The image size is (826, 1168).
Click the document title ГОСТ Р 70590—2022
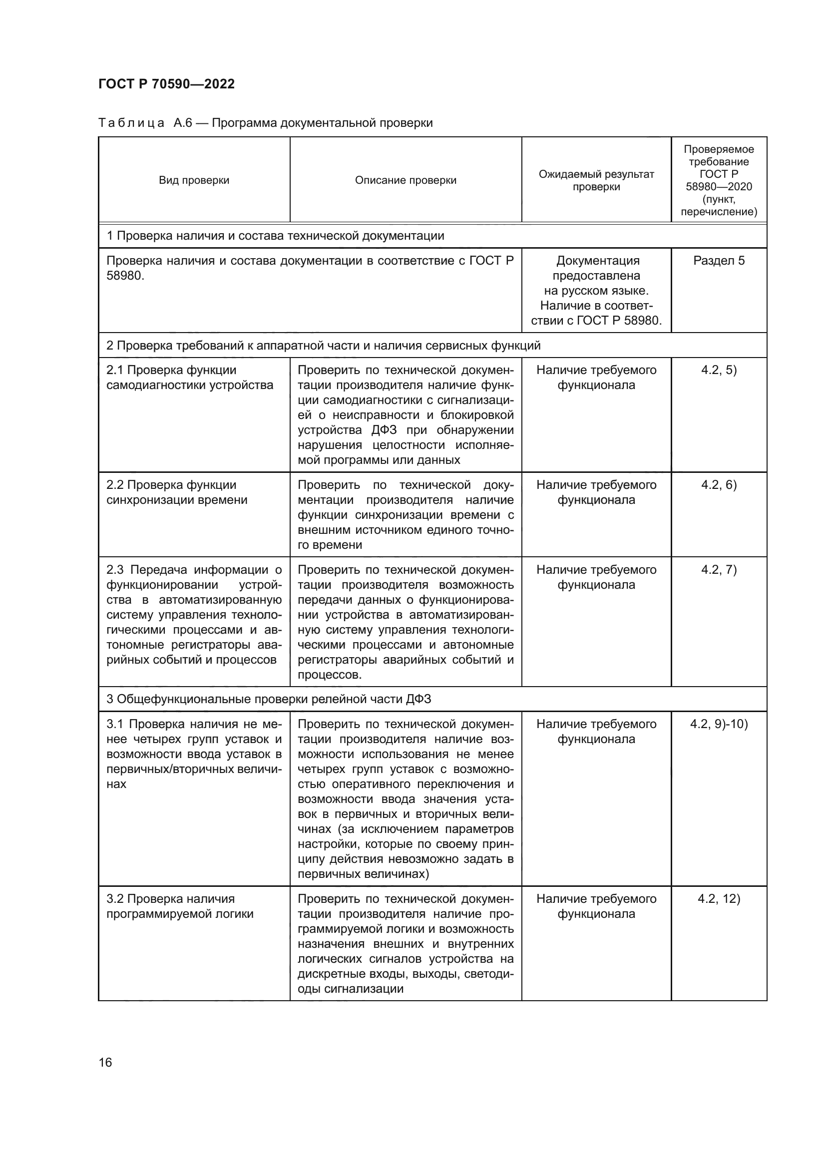(166, 84)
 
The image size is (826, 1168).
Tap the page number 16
(105, 1062)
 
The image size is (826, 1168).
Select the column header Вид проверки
(194, 180)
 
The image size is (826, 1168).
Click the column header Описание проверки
(406, 180)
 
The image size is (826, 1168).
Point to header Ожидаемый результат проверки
(596, 180)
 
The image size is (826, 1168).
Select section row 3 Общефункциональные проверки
(269, 699)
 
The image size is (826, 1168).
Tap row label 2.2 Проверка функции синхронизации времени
(176, 492)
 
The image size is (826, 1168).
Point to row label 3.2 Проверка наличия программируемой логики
(180, 906)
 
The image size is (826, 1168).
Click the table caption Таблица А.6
(265, 123)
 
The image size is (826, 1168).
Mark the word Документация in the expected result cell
(598, 261)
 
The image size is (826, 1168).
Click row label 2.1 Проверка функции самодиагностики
(189, 377)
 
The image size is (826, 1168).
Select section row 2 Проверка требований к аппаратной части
(323, 346)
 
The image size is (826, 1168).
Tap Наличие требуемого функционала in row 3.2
(596, 906)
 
